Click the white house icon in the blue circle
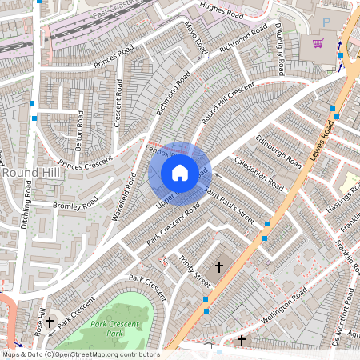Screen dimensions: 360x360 tap(179, 172)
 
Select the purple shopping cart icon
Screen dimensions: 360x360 tap(318, 43)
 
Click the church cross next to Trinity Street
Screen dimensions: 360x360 tap(219, 266)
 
